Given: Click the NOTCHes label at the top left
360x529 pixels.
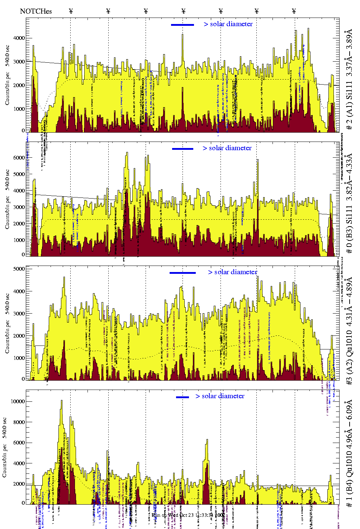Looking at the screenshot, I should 36,11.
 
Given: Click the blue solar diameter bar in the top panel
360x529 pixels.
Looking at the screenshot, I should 183,25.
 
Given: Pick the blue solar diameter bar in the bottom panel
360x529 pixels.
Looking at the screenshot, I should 183,397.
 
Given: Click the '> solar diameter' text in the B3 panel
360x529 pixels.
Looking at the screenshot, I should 227,148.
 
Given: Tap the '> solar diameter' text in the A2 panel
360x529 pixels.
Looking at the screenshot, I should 232,272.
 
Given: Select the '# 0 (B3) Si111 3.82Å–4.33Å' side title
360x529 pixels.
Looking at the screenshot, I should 349,204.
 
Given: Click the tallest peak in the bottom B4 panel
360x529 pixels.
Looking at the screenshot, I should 61,401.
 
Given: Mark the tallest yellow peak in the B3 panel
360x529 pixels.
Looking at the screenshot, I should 127,153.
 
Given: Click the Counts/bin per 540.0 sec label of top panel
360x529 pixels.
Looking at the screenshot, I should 7,75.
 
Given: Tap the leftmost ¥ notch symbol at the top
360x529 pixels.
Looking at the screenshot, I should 71,11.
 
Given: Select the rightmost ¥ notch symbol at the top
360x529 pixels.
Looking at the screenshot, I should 294,11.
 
